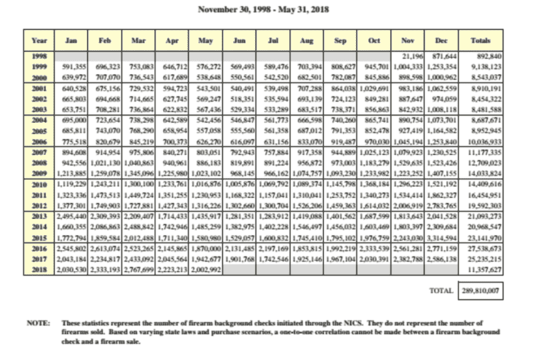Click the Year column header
point(39,41)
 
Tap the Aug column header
point(307,41)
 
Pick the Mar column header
point(138,41)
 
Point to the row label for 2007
point(39,153)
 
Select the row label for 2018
point(39,269)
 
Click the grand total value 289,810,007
point(480,291)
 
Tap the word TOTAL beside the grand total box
point(440,291)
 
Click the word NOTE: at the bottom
point(37,322)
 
